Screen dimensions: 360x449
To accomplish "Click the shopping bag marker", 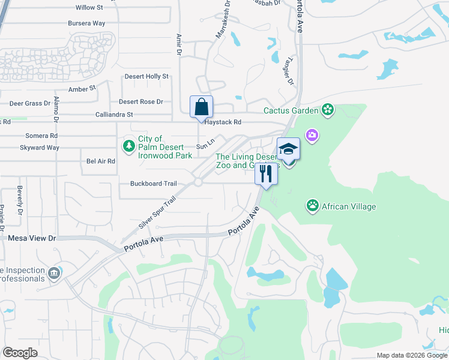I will click(201, 107).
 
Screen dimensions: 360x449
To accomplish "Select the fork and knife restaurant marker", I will click(266, 174).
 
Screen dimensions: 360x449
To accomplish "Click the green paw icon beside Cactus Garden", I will click(328, 110).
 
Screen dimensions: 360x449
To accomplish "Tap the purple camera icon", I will click(312, 134).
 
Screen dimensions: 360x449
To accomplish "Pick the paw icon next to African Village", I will click(312, 206).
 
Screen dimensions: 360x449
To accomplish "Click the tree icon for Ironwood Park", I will click(128, 146).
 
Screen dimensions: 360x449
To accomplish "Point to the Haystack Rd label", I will click(223, 122).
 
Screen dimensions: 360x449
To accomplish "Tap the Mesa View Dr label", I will click(32, 238).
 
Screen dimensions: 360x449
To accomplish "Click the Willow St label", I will click(89, 8).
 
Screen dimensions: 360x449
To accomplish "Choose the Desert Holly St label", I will click(146, 77).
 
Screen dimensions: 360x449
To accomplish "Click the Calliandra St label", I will click(113, 115).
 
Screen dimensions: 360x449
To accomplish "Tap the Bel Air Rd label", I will click(100, 161).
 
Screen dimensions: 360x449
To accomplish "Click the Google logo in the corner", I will click(20, 352).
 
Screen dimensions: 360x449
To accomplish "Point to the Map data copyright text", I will click(412, 355).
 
